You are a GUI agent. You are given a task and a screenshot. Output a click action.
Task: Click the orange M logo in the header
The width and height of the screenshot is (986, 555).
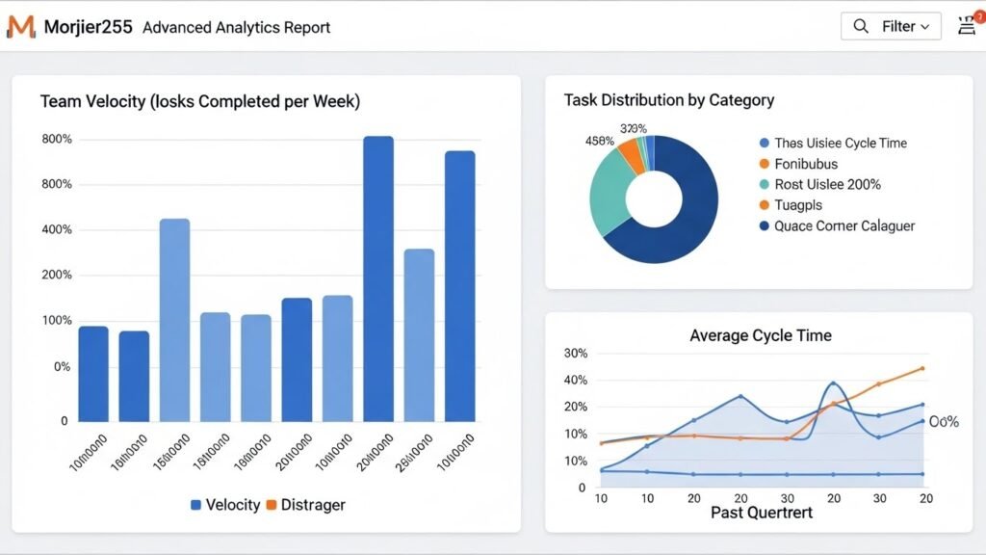20,26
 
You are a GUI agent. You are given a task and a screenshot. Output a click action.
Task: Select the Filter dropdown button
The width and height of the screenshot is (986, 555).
891,26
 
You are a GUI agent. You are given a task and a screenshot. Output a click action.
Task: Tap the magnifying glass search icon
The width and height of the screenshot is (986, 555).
861,26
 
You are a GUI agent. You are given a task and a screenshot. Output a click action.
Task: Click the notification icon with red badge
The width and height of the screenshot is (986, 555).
967,25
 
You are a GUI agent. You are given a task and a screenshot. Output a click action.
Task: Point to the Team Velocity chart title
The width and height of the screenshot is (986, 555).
199,101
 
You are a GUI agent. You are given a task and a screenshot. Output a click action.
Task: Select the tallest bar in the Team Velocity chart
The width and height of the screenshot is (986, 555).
378,278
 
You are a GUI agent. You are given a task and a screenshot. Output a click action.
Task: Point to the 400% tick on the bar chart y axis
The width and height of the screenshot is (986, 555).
57,229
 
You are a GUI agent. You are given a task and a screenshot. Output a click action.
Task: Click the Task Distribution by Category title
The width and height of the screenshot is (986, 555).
668,100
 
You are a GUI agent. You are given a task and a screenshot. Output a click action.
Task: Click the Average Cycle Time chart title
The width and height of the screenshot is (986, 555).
760,335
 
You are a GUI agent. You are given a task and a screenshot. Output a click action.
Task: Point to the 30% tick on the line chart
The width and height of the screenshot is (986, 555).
575,354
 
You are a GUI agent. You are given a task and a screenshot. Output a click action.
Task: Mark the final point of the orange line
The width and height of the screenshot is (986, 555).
922,368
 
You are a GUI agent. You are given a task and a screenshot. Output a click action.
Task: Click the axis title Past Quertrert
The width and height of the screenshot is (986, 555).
761,513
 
